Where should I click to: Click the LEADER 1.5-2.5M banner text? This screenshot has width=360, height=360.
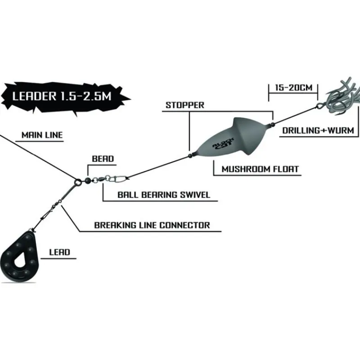[62, 96]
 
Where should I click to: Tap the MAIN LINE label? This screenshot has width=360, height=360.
[42, 135]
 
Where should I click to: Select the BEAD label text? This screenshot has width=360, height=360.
[103, 159]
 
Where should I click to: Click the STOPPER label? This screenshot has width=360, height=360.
[185, 105]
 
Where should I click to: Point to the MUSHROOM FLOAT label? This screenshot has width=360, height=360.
[260, 169]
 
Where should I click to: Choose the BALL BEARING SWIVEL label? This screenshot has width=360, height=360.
[164, 195]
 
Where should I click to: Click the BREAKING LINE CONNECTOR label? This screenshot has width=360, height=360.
[152, 225]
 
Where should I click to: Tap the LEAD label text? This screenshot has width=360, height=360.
[60, 252]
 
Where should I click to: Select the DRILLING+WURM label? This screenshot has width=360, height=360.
[318, 130]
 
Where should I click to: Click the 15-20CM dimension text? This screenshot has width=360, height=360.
[294, 88]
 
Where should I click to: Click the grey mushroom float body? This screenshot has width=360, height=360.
[231, 137]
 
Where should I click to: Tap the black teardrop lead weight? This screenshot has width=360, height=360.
[20, 256]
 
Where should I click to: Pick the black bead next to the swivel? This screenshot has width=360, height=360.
[87, 181]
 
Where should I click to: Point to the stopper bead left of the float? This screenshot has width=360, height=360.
[190, 156]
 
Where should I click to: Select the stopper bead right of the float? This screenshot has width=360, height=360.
[273, 125]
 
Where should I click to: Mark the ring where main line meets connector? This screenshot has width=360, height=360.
[77, 183]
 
